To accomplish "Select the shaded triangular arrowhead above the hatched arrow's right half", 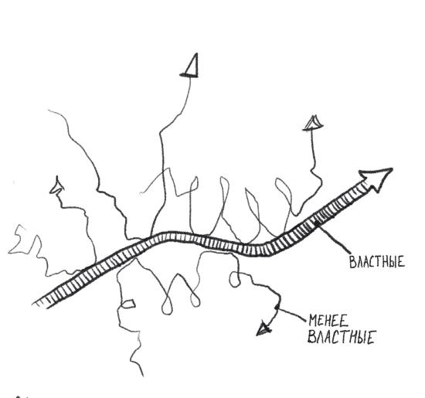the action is click(x=313, y=124).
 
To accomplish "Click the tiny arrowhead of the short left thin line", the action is click(x=56, y=185).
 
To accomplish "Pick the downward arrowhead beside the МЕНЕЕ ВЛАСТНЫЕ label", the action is click(x=264, y=328).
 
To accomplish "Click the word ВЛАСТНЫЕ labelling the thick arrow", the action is click(x=377, y=262).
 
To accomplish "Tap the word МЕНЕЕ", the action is click(x=328, y=321).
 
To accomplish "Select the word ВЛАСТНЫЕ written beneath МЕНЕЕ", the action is click(x=341, y=337).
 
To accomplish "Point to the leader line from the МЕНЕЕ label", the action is click(x=291, y=313).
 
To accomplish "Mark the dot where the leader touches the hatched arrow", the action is click(x=316, y=223).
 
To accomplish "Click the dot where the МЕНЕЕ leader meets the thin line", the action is click(x=277, y=307).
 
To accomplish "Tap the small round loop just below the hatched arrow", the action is click(x=235, y=280).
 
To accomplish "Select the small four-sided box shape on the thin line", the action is click(x=128, y=304).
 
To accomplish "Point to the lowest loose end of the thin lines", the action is click(x=143, y=376).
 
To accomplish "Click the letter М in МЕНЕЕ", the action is click(x=313, y=321).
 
